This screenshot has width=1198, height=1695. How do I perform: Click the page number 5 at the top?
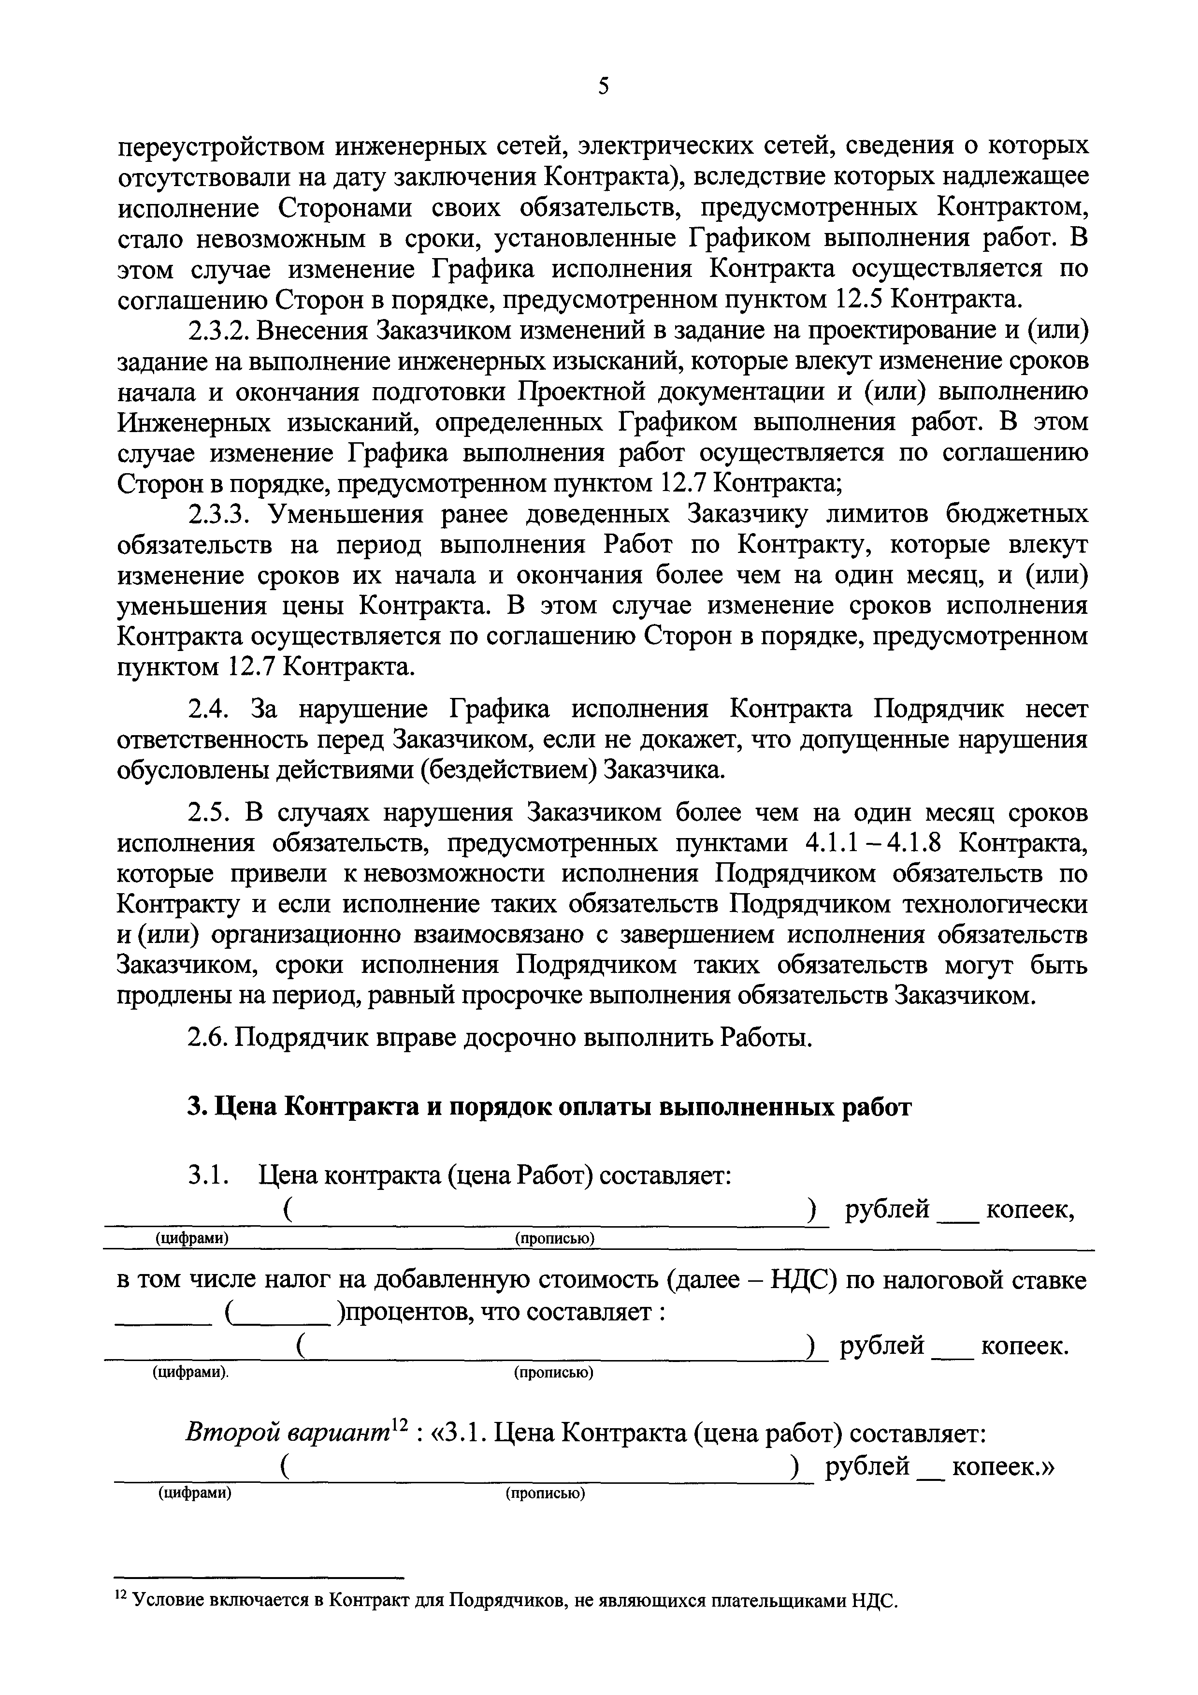[604, 87]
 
